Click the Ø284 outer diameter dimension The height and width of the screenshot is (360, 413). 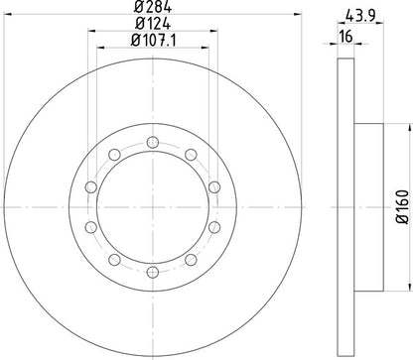(x=152, y=10)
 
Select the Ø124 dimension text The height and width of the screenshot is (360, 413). (x=152, y=24)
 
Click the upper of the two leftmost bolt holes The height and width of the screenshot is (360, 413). (x=89, y=186)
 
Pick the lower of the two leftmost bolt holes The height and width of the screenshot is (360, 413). (x=89, y=227)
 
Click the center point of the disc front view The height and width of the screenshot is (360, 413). (x=152, y=206)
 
